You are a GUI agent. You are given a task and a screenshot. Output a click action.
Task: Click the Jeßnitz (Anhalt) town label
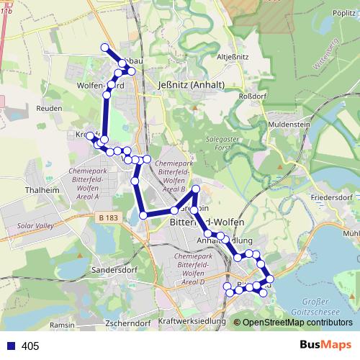pos(191,84)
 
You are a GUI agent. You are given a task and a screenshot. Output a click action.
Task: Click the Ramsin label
pos(62,325)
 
